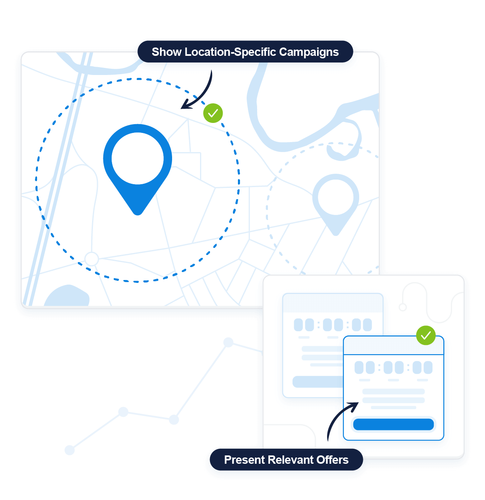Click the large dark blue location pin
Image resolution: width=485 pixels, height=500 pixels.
137,169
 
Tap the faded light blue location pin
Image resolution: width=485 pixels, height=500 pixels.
335,205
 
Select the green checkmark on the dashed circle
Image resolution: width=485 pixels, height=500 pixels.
213,113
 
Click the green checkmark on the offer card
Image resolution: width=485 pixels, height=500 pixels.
426,335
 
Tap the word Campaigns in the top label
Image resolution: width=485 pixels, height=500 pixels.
309,52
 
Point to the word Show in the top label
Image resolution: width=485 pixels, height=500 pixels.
167,52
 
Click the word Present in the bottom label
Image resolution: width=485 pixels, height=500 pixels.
244,460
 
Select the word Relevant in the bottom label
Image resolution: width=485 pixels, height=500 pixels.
290,460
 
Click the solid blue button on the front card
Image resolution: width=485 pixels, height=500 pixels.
393,424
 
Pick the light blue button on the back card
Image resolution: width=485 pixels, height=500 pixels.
318,382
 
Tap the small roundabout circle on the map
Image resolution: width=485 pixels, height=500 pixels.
92,259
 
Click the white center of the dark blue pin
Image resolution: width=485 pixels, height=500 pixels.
137,158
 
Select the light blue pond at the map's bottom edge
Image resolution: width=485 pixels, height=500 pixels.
67,295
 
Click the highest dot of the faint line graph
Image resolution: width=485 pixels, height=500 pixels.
228,342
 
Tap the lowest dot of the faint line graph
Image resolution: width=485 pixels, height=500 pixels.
70,450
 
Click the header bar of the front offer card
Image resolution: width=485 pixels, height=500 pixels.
393,345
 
